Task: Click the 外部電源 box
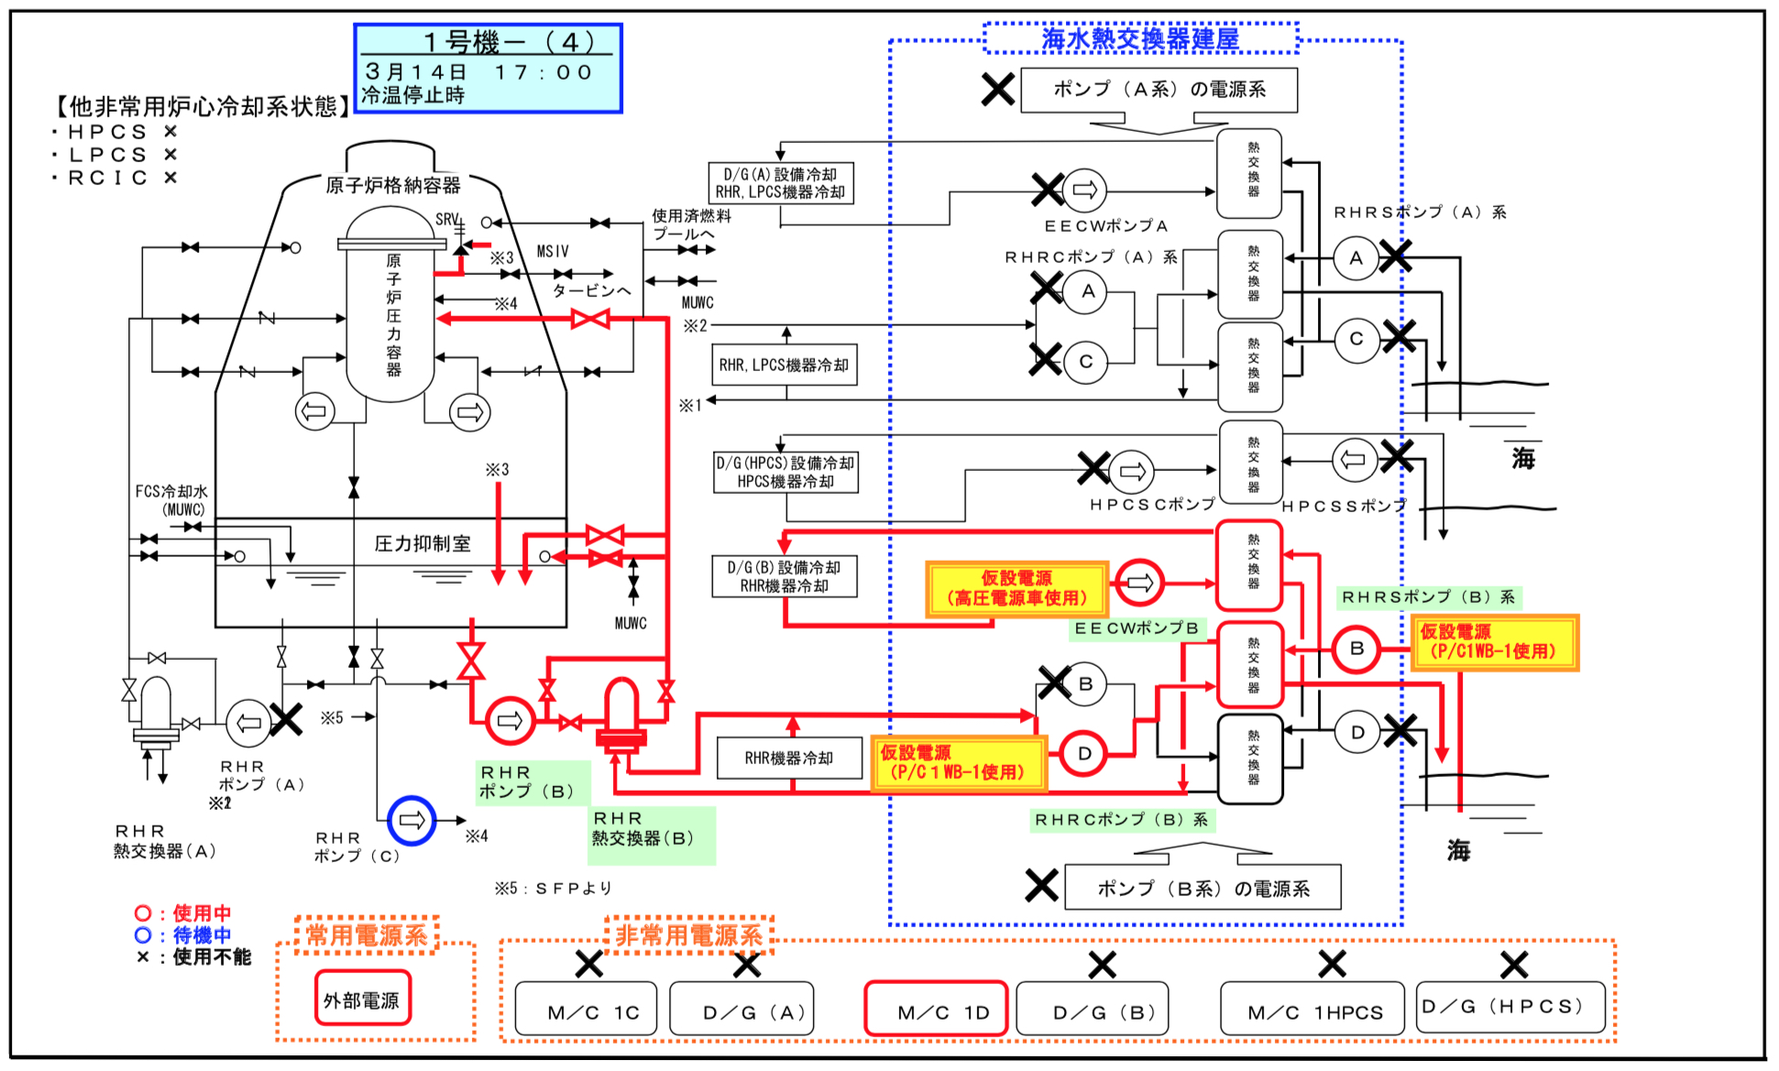coord(362,999)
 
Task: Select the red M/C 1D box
coord(936,1009)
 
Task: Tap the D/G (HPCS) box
coord(1510,1008)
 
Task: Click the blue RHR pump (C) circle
coord(412,820)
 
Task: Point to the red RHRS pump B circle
coord(1356,649)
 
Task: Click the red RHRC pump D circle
coord(1083,753)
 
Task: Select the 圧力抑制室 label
coord(423,543)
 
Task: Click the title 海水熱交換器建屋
coord(1140,38)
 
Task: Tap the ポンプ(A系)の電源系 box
coord(1159,90)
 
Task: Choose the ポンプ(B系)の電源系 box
coord(1202,888)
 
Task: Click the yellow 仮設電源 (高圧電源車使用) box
coord(1016,589)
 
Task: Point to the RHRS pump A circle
coord(1356,258)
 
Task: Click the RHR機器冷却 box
coord(789,758)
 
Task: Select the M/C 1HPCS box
coord(1312,1009)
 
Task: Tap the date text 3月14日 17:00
coord(478,71)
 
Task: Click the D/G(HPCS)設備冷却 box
coord(785,473)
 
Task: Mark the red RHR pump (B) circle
coord(510,721)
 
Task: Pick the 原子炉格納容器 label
coord(393,185)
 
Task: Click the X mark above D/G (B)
coord(1102,964)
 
